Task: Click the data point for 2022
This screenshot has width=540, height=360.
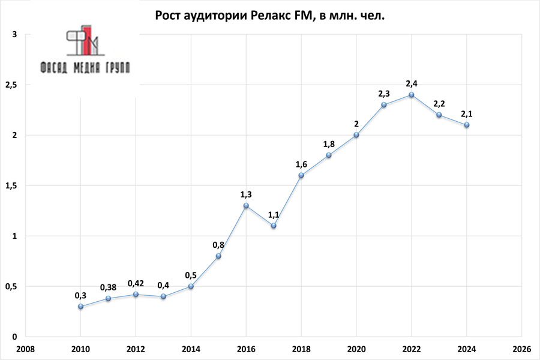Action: coord(411,95)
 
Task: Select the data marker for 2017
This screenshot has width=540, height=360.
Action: coord(274,226)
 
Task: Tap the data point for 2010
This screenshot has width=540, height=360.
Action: coord(81,306)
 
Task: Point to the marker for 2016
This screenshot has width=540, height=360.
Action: coord(246,205)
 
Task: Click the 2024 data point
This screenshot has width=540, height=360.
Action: coord(466,125)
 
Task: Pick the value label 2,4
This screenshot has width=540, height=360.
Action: coord(411,82)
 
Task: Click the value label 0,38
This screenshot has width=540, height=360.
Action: coord(108,286)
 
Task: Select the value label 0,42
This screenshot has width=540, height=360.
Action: coord(136,283)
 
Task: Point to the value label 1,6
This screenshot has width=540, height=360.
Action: coord(301,163)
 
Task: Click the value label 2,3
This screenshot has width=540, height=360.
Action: coord(383,93)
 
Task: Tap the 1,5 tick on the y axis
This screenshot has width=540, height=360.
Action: coord(11,186)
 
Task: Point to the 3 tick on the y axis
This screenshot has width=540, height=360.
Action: coord(14,35)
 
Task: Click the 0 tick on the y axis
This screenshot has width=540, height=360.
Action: coord(14,337)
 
